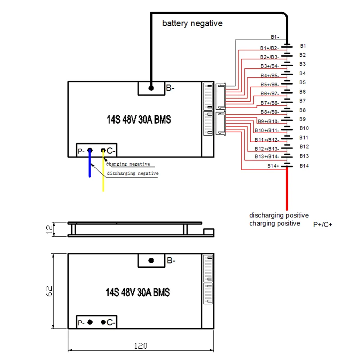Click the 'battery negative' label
[x=193, y=23]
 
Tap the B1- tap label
[x=275, y=37]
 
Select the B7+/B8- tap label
[x=270, y=103]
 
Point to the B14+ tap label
[x=273, y=166]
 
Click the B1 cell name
[x=303, y=46]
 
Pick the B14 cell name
[x=304, y=166]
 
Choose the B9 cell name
[x=302, y=119]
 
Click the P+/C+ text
[x=323, y=225]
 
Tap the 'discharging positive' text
[x=279, y=215]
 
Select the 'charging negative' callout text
[x=128, y=164]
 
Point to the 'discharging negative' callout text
[x=133, y=173]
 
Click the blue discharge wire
[x=90, y=163]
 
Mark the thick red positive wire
[x=287, y=188]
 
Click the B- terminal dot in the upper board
[x=151, y=88]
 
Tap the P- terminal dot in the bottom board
[x=90, y=322]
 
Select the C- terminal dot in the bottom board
[x=103, y=322]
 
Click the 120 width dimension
[x=141, y=346]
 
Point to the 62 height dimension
[x=49, y=291]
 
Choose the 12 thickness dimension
[x=49, y=229]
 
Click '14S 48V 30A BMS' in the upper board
[x=139, y=120]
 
